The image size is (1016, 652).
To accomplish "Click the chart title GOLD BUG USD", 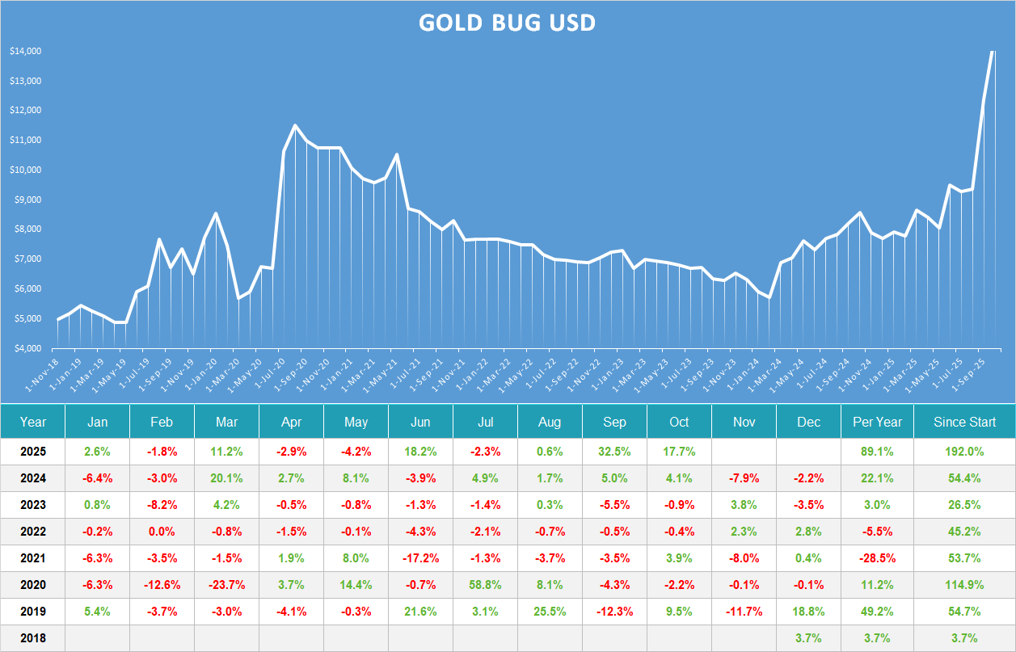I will (x=507, y=23).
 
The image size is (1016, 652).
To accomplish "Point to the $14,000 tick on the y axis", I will (x=26, y=52).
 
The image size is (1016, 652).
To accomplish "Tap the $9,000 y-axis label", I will (x=26, y=200).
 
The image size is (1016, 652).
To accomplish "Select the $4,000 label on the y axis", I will (x=26, y=348).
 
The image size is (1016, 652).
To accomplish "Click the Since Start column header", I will (x=964, y=422).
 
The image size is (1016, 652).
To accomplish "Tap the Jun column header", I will (x=420, y=422).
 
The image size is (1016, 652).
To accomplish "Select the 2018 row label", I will (x=33, y=638).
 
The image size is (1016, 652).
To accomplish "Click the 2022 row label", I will (x=33, y=532).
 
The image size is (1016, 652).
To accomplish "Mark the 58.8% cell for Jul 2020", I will (x=485, y=585).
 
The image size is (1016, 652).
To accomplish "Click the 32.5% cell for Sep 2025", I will (x=614, y=452).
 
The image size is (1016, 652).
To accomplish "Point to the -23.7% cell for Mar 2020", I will (x=226, y=585).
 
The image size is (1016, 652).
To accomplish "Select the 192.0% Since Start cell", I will (x=964, y=452).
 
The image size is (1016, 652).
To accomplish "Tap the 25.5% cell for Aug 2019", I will (x=550, y=612).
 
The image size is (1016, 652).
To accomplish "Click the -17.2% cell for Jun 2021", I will (x=420, y=558).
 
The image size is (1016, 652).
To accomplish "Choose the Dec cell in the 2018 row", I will (x=808, y=638).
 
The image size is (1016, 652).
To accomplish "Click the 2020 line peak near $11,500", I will (x=295, y=125).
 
